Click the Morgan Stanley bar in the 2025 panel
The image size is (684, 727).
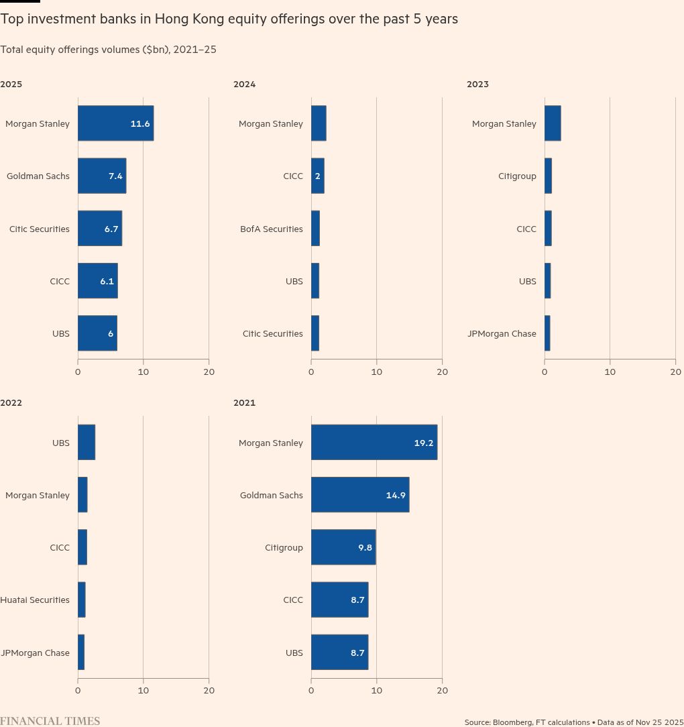115,123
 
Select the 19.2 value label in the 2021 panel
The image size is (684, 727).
424,443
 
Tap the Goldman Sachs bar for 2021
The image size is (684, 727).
360,495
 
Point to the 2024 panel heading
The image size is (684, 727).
244,85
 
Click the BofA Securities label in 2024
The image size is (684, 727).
271,229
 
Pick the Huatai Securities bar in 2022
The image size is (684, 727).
82,600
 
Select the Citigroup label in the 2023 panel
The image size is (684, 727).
517,176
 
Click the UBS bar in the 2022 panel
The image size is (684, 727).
87,443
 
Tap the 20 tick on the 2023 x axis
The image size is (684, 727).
675,372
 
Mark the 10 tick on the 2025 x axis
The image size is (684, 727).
144,372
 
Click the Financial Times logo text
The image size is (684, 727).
50,721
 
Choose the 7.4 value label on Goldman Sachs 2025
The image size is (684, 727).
115,176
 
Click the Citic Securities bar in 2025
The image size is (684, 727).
100,229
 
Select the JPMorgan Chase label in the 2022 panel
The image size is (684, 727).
35,653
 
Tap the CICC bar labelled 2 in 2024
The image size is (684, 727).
318,176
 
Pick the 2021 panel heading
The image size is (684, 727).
244,403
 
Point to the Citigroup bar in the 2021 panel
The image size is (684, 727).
343,547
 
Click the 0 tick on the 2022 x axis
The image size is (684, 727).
78,690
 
